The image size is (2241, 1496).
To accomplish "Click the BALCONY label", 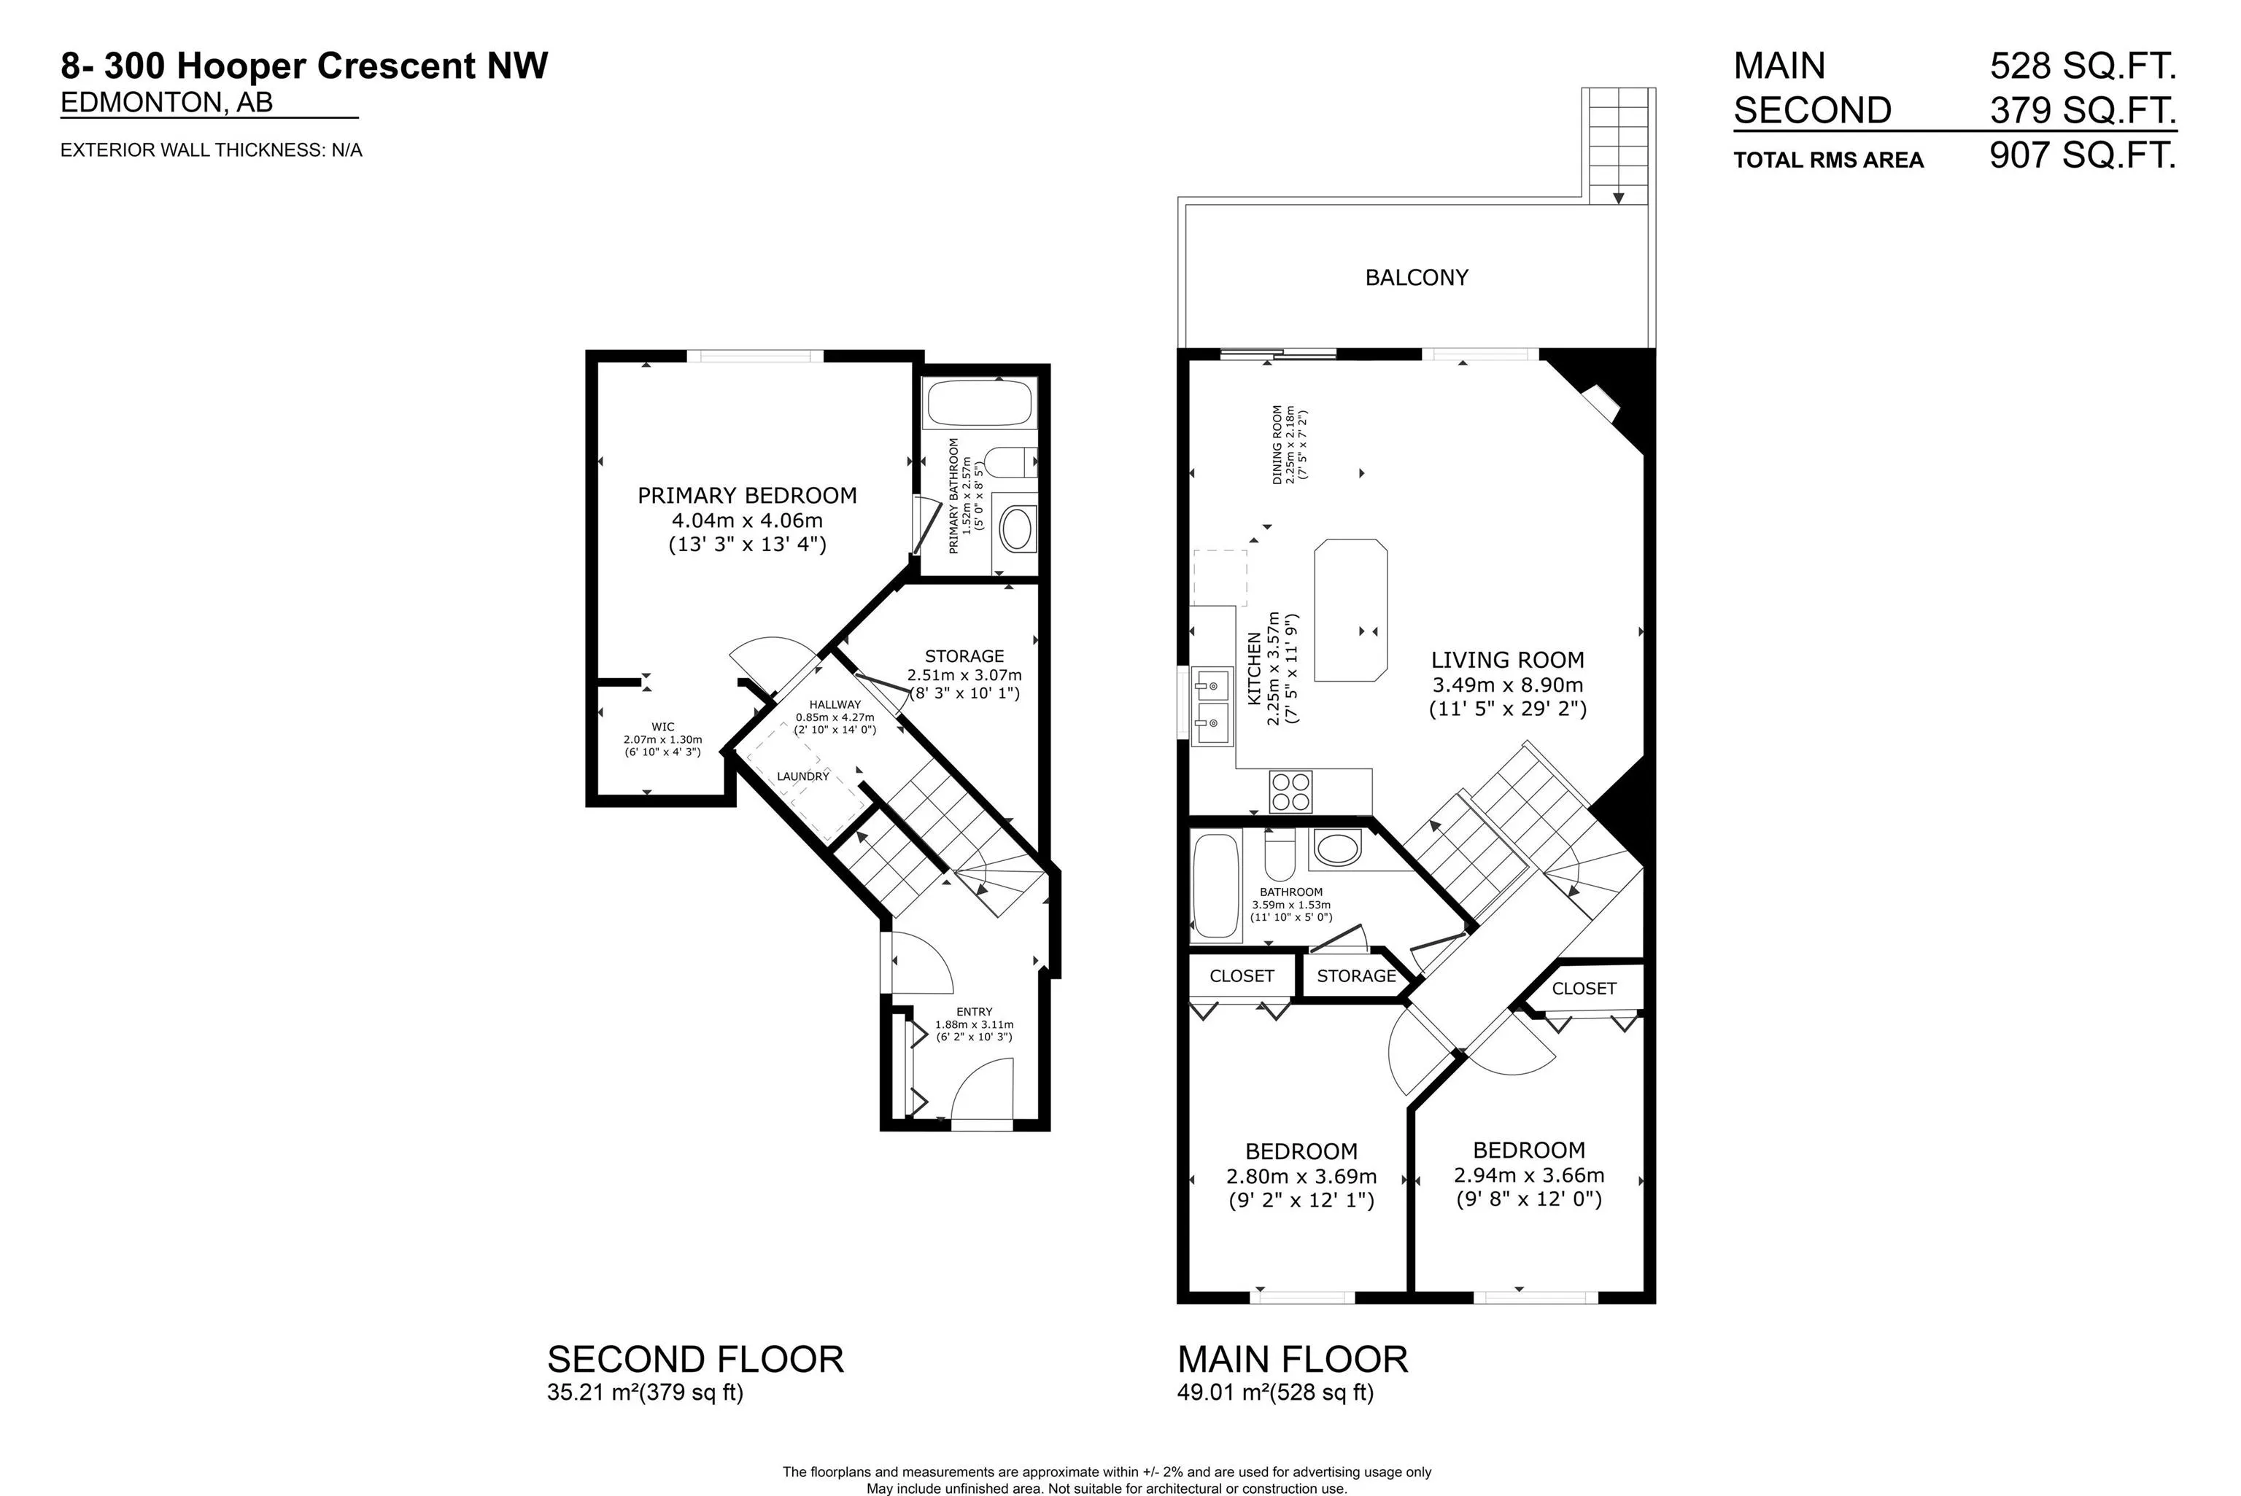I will (x=1417, y=278).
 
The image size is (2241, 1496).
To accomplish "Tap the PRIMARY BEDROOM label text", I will (x=746, y=495).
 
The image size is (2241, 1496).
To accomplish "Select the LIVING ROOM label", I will (x=1507, y=659).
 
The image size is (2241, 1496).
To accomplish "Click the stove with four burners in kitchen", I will (x=1290, y=791).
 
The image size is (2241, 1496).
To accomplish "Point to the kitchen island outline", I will (x=1350, y=611).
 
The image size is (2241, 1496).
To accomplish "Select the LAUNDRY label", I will (x=802, y=776).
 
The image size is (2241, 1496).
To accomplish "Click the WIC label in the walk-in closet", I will (x=662, y=727).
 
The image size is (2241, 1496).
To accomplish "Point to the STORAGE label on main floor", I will (x=1356, y=976).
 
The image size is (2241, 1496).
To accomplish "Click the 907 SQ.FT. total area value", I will (x=2082, y=155).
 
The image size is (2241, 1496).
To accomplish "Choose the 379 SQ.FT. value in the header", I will (x=2082, y=111).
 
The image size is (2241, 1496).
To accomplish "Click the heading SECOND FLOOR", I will (x=694, y=1360).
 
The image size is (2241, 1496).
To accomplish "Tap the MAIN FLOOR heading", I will (x=1293, y=1360).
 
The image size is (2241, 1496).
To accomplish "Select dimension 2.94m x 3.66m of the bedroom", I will (x=1528, y=1175).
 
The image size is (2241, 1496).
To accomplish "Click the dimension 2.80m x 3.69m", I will (x=1301, y=1177).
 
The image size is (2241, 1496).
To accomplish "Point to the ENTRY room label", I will (x=974, y=1011).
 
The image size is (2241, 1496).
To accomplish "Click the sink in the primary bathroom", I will (x=1015, y=528).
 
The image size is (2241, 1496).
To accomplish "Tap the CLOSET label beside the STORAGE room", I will (x=1241, y=976).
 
